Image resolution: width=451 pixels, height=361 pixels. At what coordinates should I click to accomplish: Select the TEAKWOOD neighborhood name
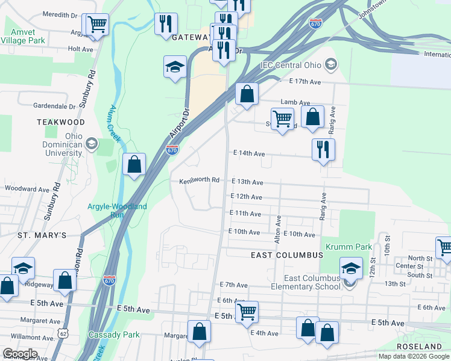(61, 122)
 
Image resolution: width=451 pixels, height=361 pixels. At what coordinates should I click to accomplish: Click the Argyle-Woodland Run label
(117, 211)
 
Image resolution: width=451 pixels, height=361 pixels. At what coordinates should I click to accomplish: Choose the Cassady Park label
(114, 335)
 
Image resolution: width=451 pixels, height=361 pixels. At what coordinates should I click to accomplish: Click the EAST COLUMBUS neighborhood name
(287, 255)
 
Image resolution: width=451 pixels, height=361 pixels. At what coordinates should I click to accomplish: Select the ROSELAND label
(420, 347)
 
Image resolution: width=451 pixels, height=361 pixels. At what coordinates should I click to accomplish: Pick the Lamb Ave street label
(295, 103)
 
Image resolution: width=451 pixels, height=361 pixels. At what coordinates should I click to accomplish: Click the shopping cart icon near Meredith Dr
(96, 25)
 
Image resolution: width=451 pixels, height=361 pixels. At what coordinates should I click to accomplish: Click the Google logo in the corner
(20, 353)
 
